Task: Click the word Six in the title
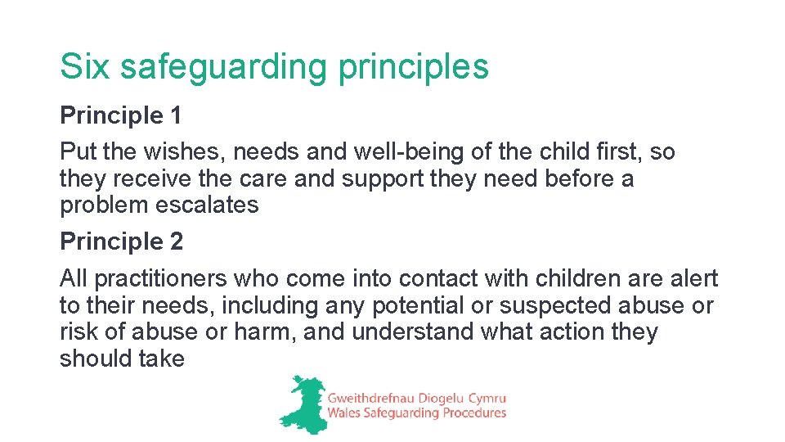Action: click(x=84, y=66)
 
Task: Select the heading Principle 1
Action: click(x=121, y=116)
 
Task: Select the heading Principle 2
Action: click(x=121, y=242)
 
